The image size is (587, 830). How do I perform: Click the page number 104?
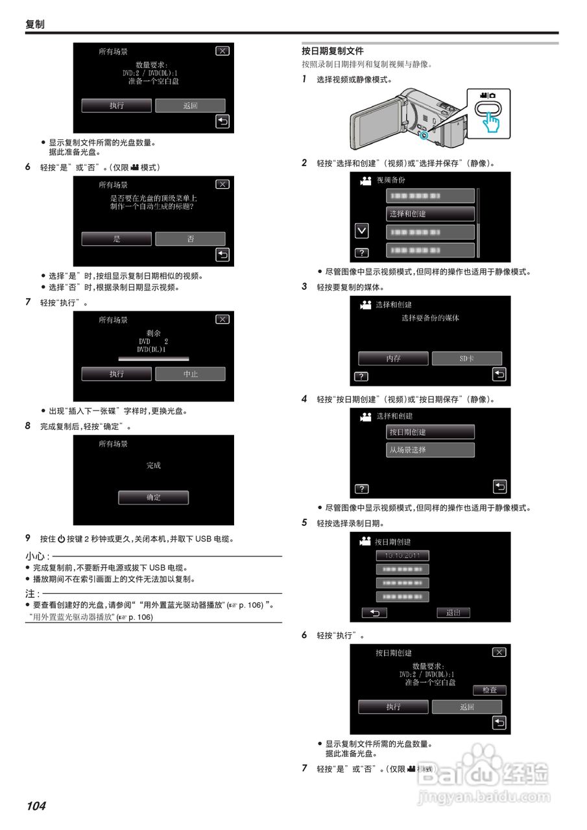(36, 806)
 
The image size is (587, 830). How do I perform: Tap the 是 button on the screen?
(117, 239)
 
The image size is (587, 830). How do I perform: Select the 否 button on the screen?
(190, 239)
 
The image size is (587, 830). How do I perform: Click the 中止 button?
(190, 373)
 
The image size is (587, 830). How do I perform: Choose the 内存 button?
(393, 359)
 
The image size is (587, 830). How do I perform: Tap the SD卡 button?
(467, 359)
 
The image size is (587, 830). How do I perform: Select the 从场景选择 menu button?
(430, 449)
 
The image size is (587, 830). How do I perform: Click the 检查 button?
(489, 691)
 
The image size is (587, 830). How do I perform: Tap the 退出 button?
(453, 612)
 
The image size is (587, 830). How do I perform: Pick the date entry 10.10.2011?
(402, 556)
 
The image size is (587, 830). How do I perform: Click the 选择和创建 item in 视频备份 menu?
(430, 213)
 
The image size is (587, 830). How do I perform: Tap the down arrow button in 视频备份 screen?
(361, 230)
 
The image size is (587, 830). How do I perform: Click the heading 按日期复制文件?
(333, 51)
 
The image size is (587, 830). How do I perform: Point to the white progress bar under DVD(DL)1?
(153, 358)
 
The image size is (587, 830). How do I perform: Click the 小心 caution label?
(37, 556)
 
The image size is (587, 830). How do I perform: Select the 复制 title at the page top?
(35, 24)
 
